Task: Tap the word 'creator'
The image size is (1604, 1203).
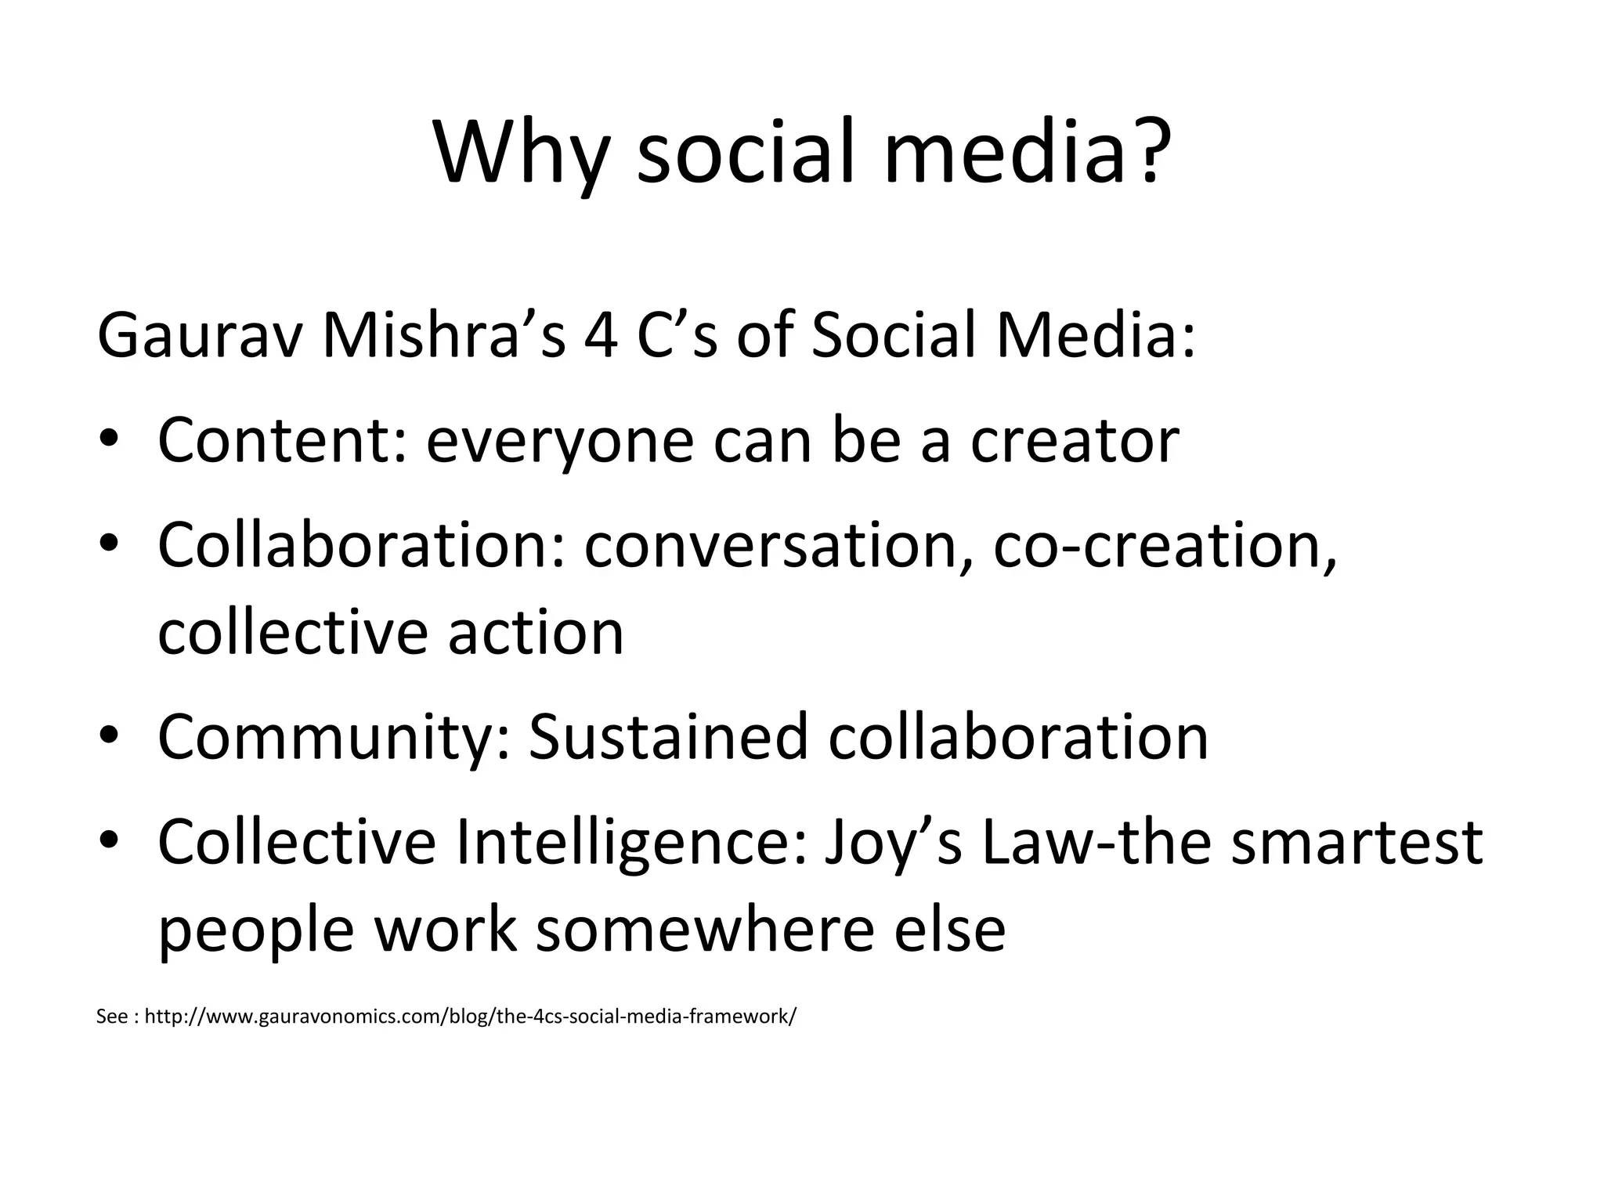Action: [x=1075, y=441]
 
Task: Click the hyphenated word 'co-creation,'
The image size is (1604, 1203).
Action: [x=1165, y=546]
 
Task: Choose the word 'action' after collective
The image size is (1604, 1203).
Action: [x=536, y=633]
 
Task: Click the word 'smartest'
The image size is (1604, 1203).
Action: [x=1357, y=842]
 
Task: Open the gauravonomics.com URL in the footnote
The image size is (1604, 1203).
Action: [x=471, y=1017]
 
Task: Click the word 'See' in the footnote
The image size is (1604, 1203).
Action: [x=111, y=1017]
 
